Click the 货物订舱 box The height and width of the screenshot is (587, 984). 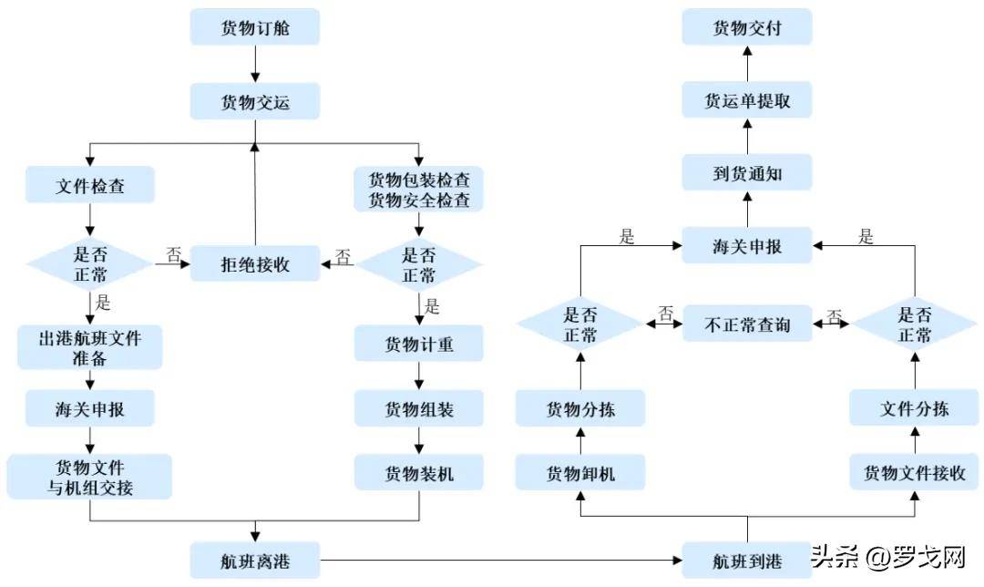pyautogui.click(x=255, y=27)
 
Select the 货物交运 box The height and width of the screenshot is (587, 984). pyautogui.click(x=255, y=101)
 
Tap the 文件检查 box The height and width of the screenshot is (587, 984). pyautogui.click(x=90, y=185)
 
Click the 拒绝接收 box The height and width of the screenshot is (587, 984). pyautogui.click(x=255, y=264)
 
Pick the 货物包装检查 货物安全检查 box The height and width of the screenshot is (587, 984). pyautogui.click(x=418, y=189)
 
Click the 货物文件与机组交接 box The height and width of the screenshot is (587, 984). pyautogui.click(x=90, y=477)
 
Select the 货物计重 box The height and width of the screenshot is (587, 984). pyautogui.click(x=418, y=344)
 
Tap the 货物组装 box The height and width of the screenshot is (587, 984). pyautogui.click(x=418, y=409)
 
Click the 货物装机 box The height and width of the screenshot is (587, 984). pyautogui.click(x=418, y=473)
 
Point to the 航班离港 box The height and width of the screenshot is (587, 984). pyautogui.click(x=255, y=559)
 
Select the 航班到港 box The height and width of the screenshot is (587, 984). pyautogui.click(x=747, y=559)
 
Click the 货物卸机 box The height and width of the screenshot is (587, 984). pyautogui.click(x=580, y=473)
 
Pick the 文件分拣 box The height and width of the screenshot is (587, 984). pyautogui.click(x=914, y=408)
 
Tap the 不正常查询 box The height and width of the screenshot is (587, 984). pyautogui.click(x=747, y=324)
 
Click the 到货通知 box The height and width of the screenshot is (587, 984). pyautogui.click(x=747, y=172)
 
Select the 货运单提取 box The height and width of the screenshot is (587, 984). pyautogui.click(x=747, y=101)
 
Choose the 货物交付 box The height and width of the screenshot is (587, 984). pyautogui.click(x=747, y=27)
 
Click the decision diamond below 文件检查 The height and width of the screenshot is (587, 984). pyautogui.click(x=90, y=264)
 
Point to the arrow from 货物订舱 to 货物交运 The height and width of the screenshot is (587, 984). pyautogui.click(x=255, y=64)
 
